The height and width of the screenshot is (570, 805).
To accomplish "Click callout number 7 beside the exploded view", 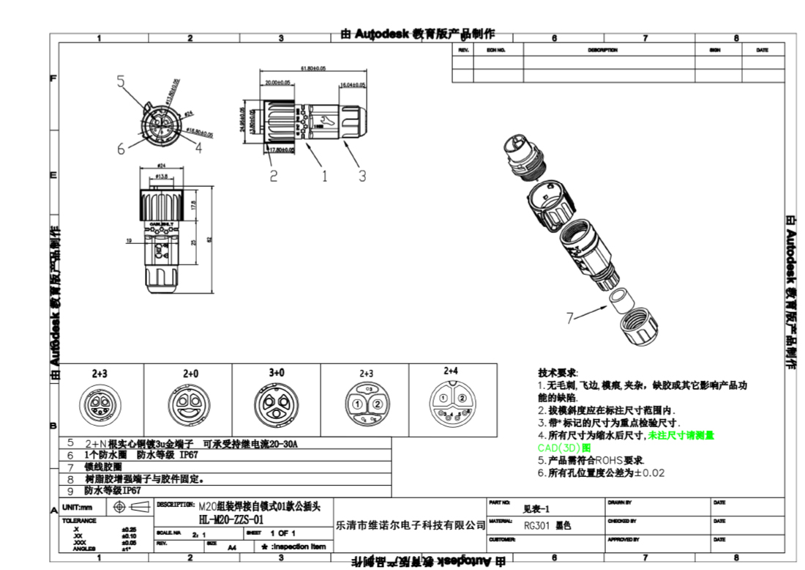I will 570,317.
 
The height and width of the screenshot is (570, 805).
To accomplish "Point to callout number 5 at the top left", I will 121,81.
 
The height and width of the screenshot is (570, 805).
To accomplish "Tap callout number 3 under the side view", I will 362,176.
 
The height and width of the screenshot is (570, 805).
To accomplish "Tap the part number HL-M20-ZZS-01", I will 231,519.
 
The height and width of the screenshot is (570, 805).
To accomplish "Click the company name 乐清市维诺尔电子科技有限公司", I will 411,525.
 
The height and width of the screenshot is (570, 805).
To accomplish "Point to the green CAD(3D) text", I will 559,447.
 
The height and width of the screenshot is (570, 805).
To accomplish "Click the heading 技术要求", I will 558,373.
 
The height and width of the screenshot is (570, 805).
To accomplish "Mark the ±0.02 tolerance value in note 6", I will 650,473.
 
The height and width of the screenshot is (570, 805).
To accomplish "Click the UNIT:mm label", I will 78,507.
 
